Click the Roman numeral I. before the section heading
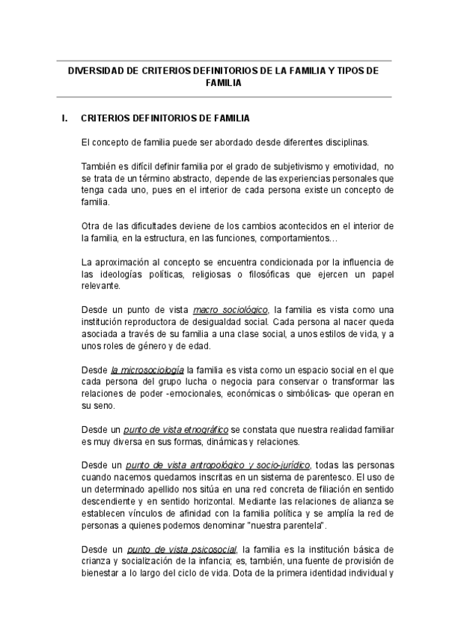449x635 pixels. click(x=65, y=118)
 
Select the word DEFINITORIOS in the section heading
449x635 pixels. click(x=165, y=118)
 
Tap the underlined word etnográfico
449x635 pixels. click(x=199, y=429)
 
